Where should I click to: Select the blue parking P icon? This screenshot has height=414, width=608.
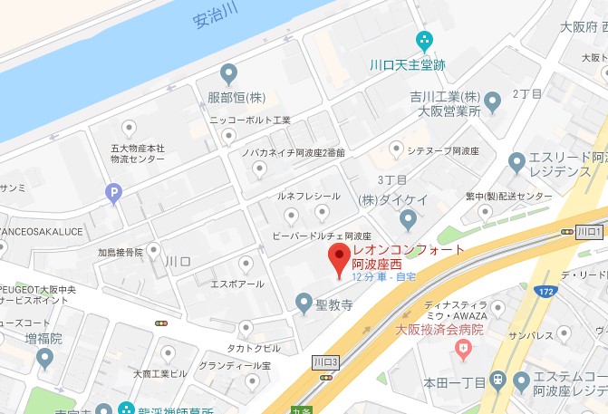[113, 191]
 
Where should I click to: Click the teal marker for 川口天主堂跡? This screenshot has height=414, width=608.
[422, 40]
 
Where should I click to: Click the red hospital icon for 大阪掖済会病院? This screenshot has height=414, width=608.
[465, 347]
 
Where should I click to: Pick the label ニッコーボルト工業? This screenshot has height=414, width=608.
[249, 120]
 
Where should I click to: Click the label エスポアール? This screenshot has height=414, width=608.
[238, 284]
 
